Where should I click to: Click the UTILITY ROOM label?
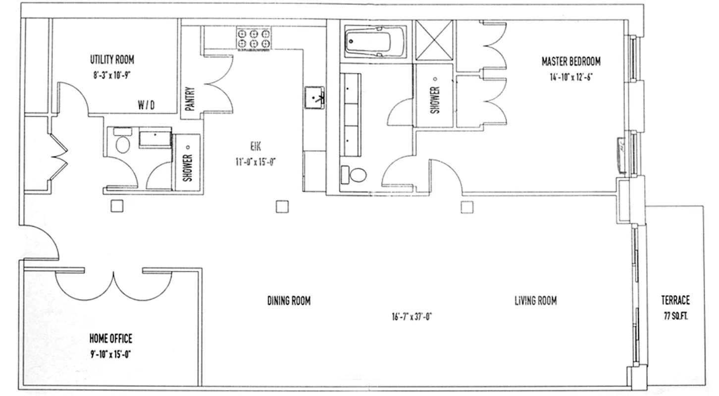click(x=112, y=60)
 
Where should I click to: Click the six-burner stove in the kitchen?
click(x=254, y=39)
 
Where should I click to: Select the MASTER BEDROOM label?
click(x=571, y=61)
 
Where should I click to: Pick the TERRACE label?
click(x=675, y=300)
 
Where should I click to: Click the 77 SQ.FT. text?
click(x=675, y=314)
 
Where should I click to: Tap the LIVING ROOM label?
click(x=535, y=300)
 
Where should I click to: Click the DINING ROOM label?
click(x=289, y=300)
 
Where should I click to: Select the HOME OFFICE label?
click(x=111, y=339)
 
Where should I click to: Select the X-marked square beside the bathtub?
click(x=434, y=41)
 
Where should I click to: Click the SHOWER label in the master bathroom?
click(x=435, y=100)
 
